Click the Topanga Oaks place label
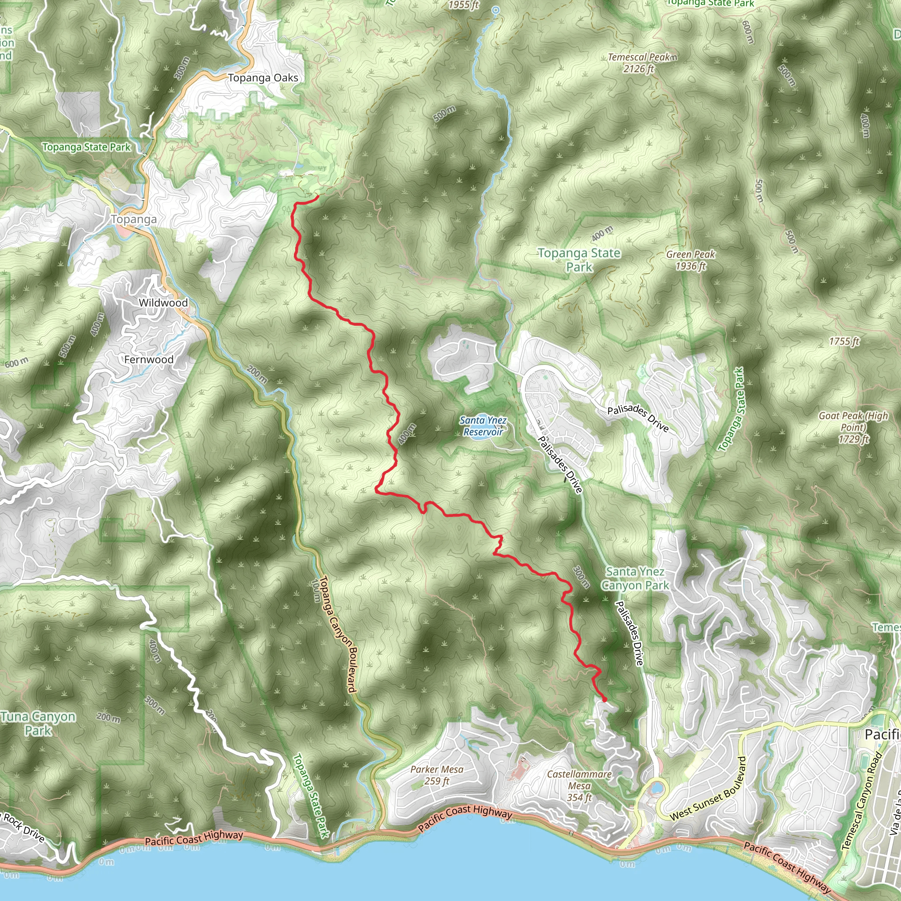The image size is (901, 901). pyautogui.click(x=263, y=78)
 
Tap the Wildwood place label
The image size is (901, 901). pyautogui.click(x=163, y=303)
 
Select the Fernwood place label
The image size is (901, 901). pyautogui.click(x=149, y=359)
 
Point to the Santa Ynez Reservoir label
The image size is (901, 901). pyautogui.click(x=483, y=426)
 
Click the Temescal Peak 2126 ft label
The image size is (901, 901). pyautogui.click(x=639, y=63)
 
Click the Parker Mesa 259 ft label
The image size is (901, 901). pyautogui.click(x=436, y=775)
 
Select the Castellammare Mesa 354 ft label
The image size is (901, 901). pyautogui.click(x=579, y=786)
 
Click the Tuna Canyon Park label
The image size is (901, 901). pyautogui.click(x=38, y=723)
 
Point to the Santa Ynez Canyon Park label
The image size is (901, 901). pyautogui.click(x=635, y=578)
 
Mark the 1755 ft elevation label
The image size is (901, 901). pyautogui.click(x=844, y=341)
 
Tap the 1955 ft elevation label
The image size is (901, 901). pyautogui.click(x=464, y=5)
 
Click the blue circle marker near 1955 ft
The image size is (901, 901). pyautogui.click(x=496, y=10)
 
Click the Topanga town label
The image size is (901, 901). pyautogui.click(x=133, y=219)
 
